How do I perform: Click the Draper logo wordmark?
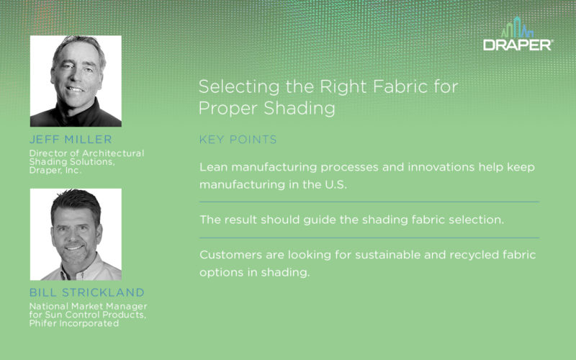tap(518, 45)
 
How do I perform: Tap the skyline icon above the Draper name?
tap(518, 27)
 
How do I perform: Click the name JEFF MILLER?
tap(71, 139)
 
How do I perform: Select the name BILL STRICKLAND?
tap(86, 292)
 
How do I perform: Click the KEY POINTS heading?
tap(238, 139)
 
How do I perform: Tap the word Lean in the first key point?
tap(213, 167)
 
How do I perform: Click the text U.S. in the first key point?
tap(336, 184)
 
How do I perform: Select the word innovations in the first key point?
tap(441, 167)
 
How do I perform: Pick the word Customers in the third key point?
tap(230, 255)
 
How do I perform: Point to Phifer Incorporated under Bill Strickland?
tap(74, 323)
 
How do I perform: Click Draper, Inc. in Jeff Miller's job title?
tap(55, 171)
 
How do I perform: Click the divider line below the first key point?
tap(369, 202)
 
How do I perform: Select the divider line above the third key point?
tap(369, 238)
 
